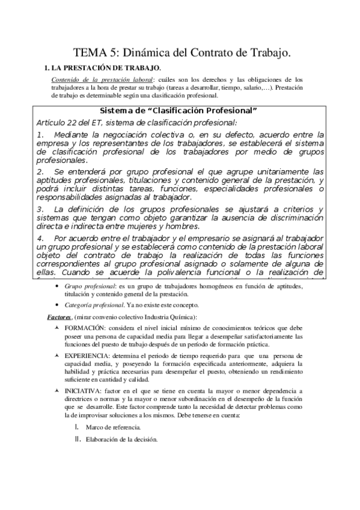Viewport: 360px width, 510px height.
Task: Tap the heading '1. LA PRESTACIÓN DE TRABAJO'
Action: point(103,68)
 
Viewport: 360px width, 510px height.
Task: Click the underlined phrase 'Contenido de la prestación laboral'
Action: point(102,79)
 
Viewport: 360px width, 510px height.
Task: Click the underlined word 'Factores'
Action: point(59,317)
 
